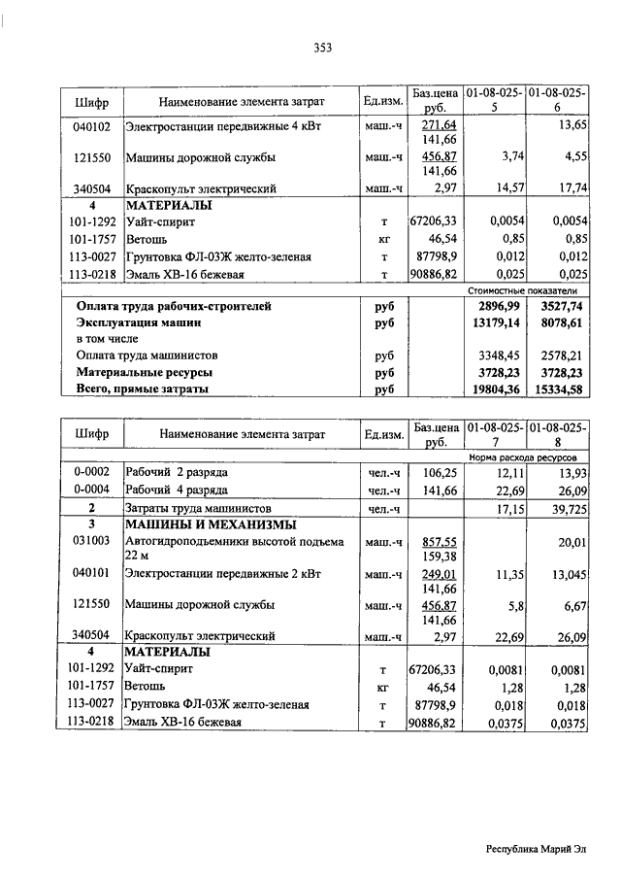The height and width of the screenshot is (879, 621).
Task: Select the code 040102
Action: click(92, 126)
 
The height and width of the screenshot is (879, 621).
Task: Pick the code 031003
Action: click(92, 541)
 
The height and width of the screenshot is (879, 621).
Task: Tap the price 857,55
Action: click(440, 541)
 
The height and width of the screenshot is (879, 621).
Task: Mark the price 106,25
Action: click(439, 471)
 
